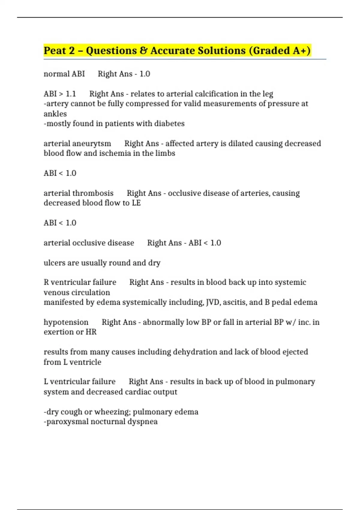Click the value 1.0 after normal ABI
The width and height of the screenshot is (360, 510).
[145, 74]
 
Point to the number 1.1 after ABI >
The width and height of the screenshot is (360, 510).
[71, 94]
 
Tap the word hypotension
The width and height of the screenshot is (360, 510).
[66, 322]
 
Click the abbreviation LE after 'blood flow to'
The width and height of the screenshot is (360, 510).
[136, 203]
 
